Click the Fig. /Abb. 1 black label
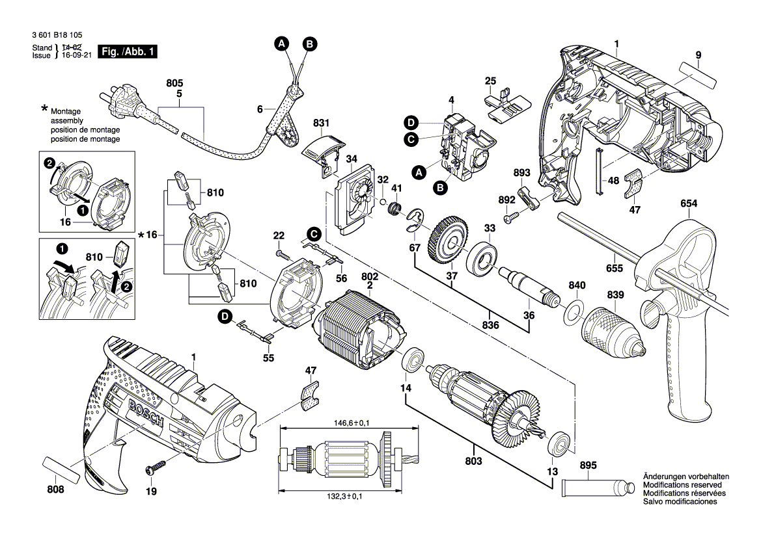tap(128, 51)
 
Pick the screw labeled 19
tap(157, 466)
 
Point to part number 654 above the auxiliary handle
tap(689, 204)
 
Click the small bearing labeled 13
tap(560, 443)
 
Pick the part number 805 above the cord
tap(175, 84)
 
